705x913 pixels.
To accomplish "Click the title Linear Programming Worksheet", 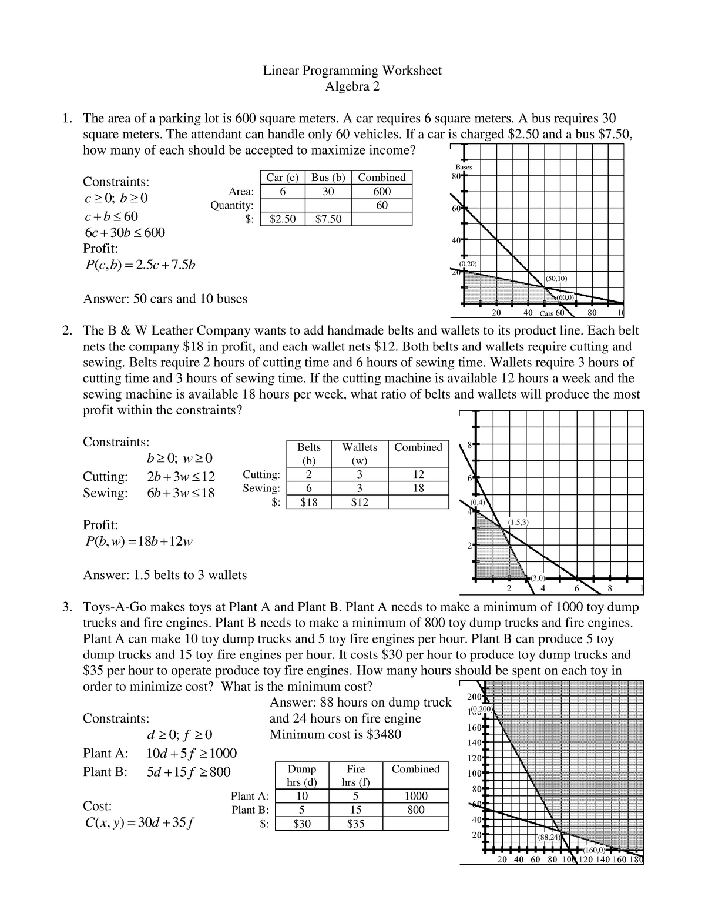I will [x=352, y=71].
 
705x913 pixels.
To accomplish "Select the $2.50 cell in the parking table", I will [x=283, y=219].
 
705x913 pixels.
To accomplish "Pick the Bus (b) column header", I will [x=328, y=178].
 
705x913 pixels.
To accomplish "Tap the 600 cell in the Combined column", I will [x=382, y=192].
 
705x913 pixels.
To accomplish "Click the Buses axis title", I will [x=464, y=167].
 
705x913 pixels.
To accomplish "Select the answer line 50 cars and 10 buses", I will [x=165, y=299].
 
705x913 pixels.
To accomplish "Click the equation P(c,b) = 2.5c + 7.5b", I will [x=139, y=265].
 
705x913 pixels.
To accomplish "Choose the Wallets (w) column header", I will [x=360, y=454].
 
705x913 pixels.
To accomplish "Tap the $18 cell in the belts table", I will [x=308, y=502].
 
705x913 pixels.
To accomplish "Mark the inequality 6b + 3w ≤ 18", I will [x=180, y=493].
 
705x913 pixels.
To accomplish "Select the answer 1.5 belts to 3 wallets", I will [x=165, y=575].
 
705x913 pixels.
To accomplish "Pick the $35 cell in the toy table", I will [x=355, y=824].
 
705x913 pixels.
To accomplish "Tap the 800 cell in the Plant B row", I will [x=416, y=810].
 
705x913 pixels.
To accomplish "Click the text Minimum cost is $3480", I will [x=335, y=734].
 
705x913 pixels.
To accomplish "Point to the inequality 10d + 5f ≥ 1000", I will [x=192, y=753].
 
